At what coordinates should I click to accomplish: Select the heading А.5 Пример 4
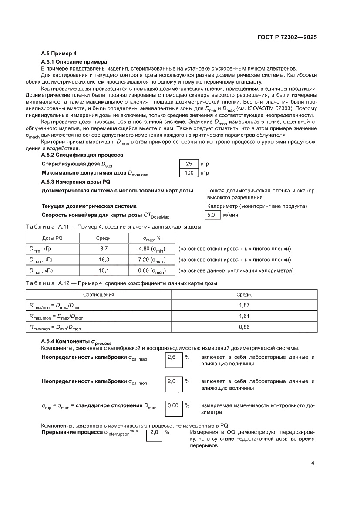pos(59,54)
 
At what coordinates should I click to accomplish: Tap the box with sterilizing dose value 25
pos(188,164)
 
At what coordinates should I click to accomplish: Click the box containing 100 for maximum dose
pos(188,173)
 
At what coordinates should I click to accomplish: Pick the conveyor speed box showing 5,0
pos(212,215)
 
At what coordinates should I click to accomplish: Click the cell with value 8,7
pos(104,249)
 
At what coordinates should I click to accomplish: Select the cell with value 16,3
pos(104,260)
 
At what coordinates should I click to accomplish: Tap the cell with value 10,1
pos(104,270)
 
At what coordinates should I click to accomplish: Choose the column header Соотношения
pos(99,295)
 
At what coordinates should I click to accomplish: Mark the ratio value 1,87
pos(244,306)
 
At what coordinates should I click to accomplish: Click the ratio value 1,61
pos(244,317)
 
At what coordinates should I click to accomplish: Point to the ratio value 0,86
pos(244,327)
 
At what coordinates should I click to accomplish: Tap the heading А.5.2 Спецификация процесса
pos(82,155)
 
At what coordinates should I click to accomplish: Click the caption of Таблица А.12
pos(121,283)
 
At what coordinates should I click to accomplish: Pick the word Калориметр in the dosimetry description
pos(222,206)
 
